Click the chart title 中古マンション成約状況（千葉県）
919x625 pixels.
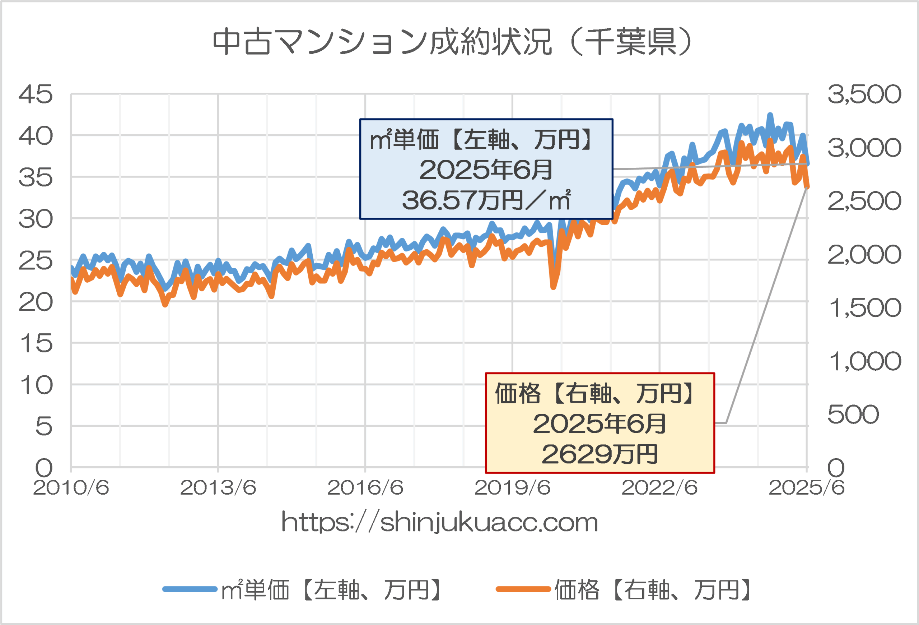point(452,42)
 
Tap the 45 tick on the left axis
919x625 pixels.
point(36,94)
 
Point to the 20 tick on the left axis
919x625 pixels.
point(36,302)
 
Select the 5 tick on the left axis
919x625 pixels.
point(43,427)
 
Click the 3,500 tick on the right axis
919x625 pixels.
point(864,94)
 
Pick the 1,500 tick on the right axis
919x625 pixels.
point(864,308)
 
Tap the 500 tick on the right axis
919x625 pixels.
point(853,415)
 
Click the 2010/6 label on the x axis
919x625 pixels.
point(71,488)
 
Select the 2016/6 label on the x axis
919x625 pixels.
point(365,488)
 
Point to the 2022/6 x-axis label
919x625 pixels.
point(659,488)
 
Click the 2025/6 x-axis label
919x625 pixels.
point(806,488)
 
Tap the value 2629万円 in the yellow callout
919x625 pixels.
point(600,454)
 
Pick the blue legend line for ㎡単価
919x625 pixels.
point(190,589)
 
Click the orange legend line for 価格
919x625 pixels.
point(523,589)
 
